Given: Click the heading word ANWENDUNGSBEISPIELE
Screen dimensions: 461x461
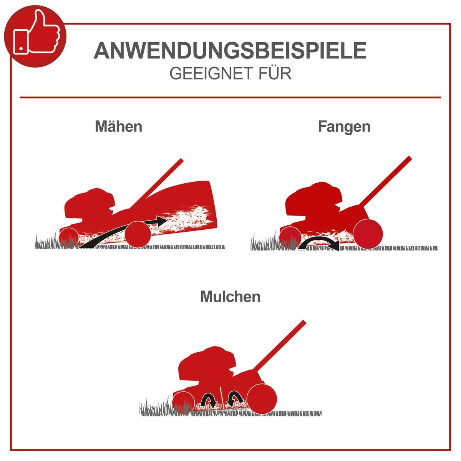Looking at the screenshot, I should [x=230, y=51].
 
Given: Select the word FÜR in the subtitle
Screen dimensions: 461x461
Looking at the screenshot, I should [x=275, y=73].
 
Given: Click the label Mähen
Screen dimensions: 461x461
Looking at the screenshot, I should [x=118, y=126].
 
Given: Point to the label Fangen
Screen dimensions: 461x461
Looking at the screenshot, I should [x=344, y=126].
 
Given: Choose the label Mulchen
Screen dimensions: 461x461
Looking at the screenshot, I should [x=230, y=297].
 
